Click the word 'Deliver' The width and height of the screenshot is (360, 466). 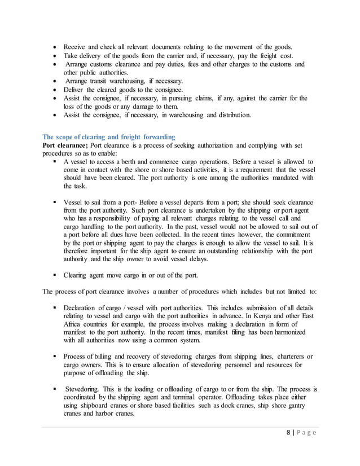tap(74, 89)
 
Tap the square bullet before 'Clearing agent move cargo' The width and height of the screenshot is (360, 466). tap(55, 275)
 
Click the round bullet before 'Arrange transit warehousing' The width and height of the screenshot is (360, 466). tap(54, 81)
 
